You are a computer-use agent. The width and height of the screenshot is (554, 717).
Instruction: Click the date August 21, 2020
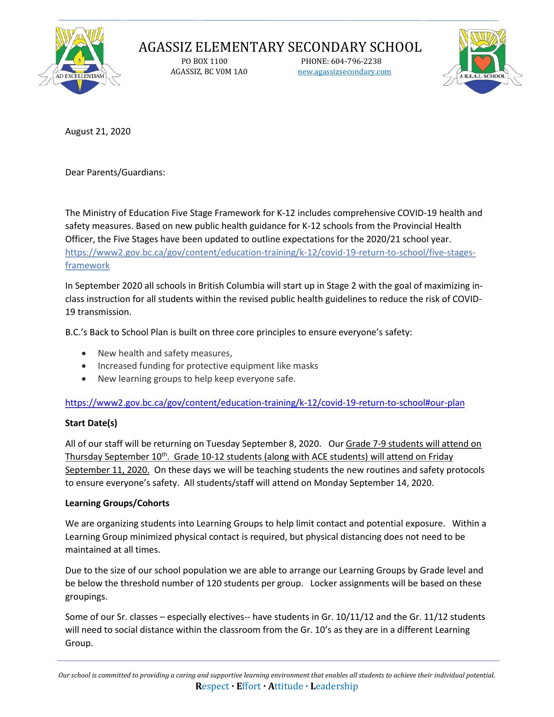98,131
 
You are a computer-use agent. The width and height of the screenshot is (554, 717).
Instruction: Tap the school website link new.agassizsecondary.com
344,72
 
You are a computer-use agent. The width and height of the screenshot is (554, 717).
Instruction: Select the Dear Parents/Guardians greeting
115,172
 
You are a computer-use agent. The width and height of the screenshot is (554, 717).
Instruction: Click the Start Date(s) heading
91,423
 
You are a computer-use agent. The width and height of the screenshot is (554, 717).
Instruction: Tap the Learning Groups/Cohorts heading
117,503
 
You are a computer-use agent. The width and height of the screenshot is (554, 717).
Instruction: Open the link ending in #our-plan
264,403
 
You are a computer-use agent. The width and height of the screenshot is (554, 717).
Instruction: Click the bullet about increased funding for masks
208,366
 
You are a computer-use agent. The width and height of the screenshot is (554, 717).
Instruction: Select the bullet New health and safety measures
165,353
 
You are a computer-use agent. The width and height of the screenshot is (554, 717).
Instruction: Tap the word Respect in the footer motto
212,686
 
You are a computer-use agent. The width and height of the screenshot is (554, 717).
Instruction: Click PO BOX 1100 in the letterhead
204,61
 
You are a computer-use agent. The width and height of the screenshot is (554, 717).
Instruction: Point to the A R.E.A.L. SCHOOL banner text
482,76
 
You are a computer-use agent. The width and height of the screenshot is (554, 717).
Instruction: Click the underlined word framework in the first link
87,265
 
